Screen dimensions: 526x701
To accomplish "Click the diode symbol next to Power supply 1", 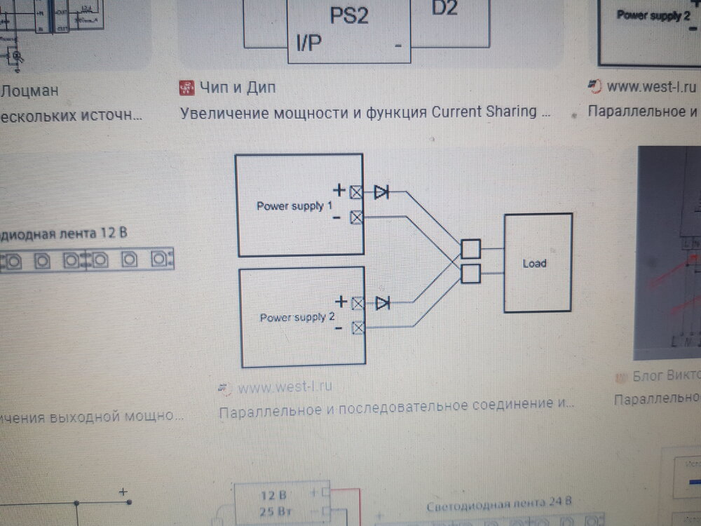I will (382, 191).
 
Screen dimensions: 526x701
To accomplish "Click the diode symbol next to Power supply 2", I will (383, 303).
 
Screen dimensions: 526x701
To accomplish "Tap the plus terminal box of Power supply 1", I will (357, 191).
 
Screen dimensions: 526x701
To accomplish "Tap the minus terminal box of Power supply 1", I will (357, 217).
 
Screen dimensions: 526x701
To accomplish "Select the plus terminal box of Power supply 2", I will (358, 303).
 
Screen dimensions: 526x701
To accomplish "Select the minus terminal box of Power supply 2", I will (358, 328).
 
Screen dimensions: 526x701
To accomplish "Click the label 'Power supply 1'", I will (294, 206).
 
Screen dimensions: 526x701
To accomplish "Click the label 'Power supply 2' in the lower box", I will (297, 317).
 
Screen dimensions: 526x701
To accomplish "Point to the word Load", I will (534, 264).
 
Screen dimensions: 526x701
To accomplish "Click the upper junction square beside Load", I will (471, 249).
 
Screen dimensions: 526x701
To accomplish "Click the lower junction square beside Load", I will (471, 273).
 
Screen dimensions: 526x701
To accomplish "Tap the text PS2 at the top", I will (348, 15).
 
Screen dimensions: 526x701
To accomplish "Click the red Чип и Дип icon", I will (186, 88).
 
